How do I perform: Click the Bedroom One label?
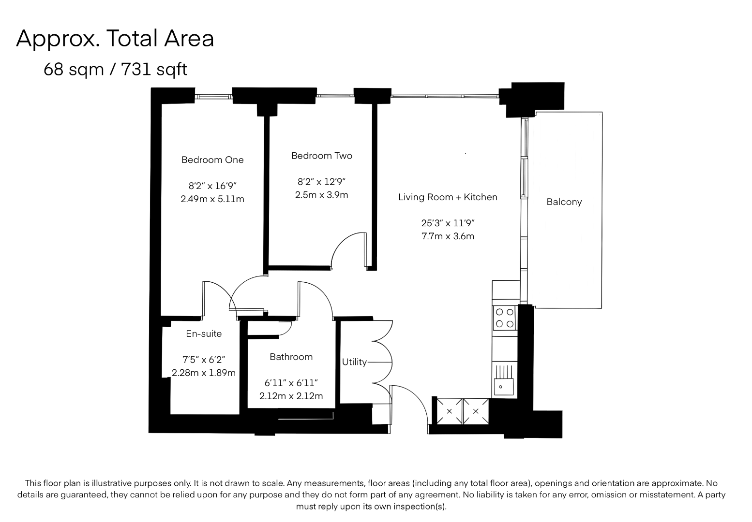tap(212, 160)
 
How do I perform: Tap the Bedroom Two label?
tap(322, 156)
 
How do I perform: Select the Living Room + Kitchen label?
tap(448, 197)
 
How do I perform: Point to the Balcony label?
tap(564, 202)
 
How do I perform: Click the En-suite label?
tap(204, 333)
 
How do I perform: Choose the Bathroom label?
tap(291, 357)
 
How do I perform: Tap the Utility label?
tap(354, 362)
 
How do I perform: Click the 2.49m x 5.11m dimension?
tap(212, 199)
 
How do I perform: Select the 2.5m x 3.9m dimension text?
tap(322, 195)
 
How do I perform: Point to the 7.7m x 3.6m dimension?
tap(448, 236)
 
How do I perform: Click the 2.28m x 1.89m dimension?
tap(204, 373)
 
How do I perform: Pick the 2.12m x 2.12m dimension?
tap(291, 396)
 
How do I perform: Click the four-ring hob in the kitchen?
tap(505, 318)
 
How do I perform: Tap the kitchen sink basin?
tap(504, 387)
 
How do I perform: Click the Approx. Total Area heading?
tap(115, 39)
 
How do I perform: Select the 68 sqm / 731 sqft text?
tap(115, 70)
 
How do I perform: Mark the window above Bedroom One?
tap(213, 97)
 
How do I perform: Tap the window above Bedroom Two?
tap(335, 96)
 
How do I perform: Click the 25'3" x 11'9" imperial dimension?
tap(448, 223)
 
